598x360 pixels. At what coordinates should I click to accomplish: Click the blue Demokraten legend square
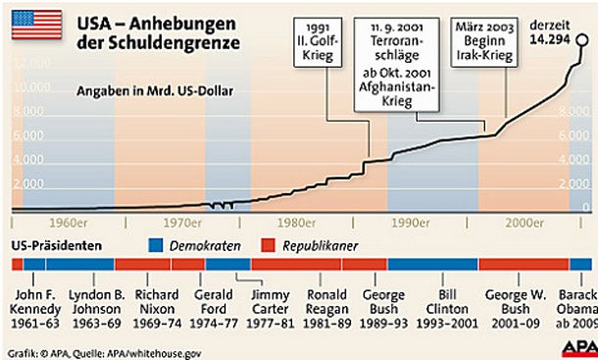pos(156,244)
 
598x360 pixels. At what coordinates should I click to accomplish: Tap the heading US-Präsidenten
pos(55,244)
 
